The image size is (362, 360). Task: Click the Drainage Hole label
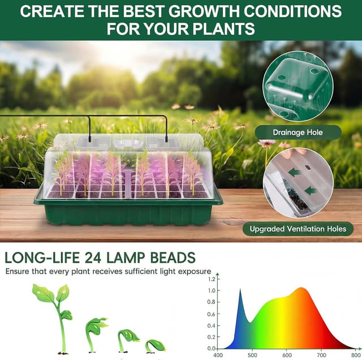tap(298, 132)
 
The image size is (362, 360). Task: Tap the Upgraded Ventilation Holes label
tap(298, 229)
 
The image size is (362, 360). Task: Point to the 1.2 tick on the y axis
tap(211, 279)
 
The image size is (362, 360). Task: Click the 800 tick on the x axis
tap(355, 355)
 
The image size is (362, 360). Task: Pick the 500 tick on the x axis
tap(252, 355)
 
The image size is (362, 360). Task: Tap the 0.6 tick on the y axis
tap(211, 314)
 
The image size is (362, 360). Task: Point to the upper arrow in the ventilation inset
tap(294, 172)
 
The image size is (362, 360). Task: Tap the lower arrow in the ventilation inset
tap(311, 191)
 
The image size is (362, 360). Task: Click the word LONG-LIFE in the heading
tap(41, 258)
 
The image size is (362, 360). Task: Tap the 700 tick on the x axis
tap(321, 355)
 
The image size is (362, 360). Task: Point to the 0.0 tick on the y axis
tap(211, 348)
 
